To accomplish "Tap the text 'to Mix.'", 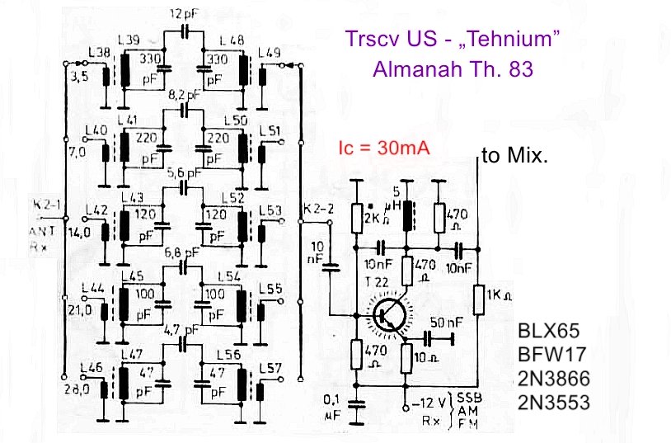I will [x=514, y=155].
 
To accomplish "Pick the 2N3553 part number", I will [x=551, y=403].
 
